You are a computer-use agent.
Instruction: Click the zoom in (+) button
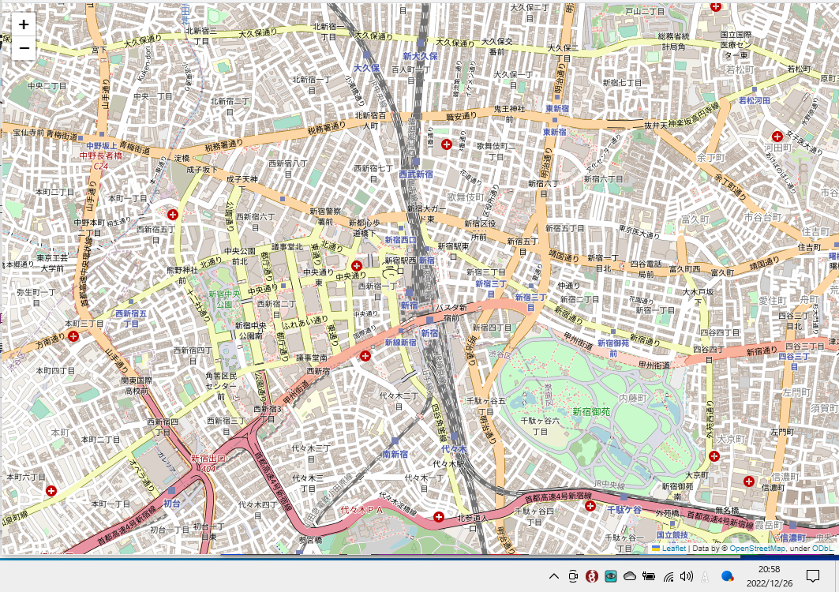point(24,24)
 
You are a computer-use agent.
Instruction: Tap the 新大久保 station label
point(419,56)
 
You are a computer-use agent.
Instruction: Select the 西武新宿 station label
point(416,174)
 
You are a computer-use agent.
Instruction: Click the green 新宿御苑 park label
point(591,411)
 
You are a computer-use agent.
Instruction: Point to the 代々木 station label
point(454,449)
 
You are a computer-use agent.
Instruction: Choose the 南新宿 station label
point(395,454)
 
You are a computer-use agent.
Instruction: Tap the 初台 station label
point(172,503)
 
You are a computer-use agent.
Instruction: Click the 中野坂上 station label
point(101,146)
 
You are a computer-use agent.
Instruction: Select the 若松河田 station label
point(754,100)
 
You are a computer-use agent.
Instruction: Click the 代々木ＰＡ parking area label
point(361,511)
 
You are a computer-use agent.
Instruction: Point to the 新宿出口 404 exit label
point(208,463)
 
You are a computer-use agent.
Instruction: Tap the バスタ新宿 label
point(451,313)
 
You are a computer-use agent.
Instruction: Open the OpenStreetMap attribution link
point(756,548)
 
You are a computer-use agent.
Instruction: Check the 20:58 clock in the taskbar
point(769,569)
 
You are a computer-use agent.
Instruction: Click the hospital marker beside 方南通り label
point(73,336)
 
